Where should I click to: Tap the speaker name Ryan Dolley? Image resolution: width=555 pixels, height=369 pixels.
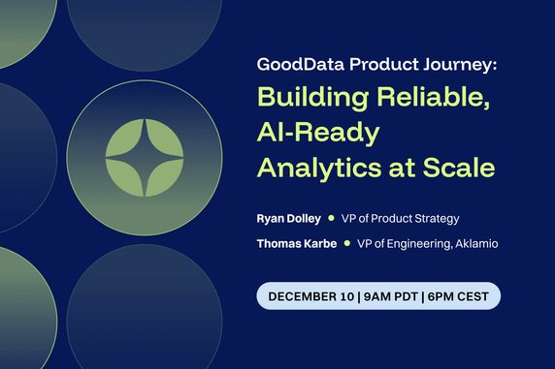tap(289, 218)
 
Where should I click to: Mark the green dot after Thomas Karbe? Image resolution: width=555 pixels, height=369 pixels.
tap(347, 244)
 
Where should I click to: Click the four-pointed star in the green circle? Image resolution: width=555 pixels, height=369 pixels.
tap(144, 154)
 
